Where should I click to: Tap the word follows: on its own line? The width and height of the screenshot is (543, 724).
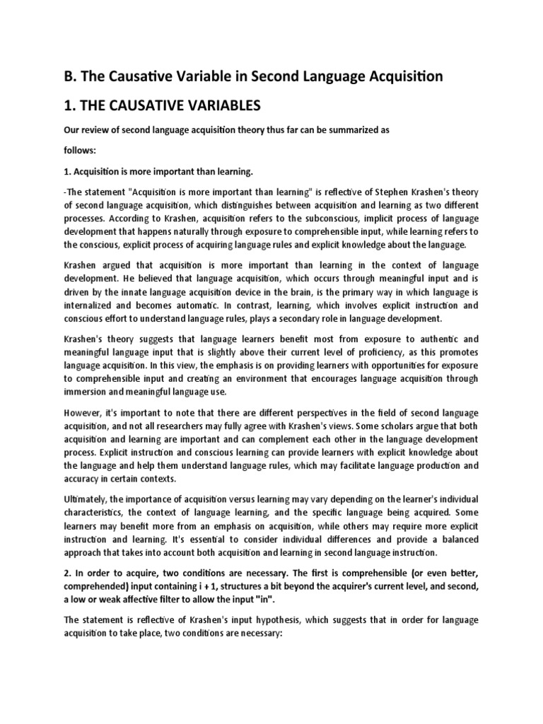[x=81, y=150]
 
